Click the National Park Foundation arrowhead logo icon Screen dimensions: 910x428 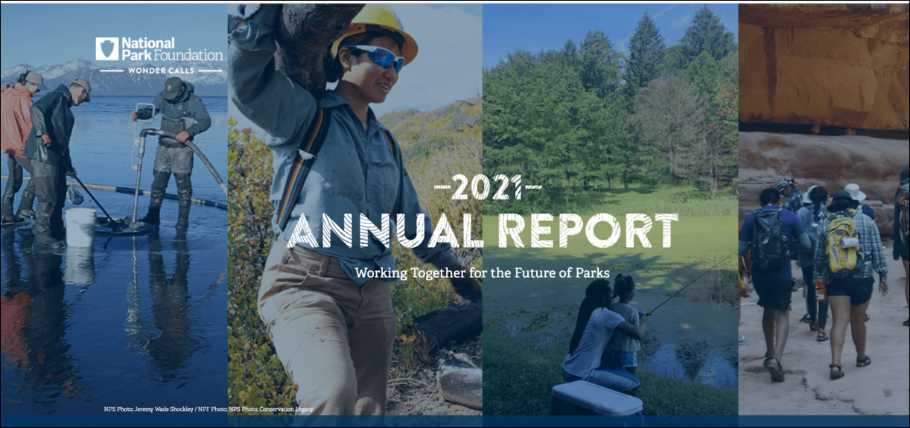point(107,48)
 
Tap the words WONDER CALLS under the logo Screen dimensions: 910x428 point(162,71)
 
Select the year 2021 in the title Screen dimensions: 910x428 point(487,188)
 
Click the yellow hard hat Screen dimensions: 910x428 point(376,31)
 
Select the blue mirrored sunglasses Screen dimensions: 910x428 point(376,57)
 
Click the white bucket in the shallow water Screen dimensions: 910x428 point(80,228)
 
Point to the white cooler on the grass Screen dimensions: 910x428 point(596,398)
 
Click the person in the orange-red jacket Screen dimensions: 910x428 point(16,146)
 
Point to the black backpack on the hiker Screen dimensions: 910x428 point(769,239)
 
